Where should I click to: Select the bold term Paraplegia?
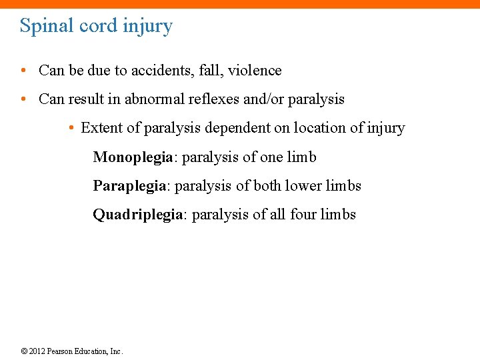click(x=129, y=186)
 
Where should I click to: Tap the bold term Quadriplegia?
click(x=137, y=215)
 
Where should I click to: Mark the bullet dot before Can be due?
click(x=24, y=71)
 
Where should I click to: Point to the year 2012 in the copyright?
click(x=38, y=351)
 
